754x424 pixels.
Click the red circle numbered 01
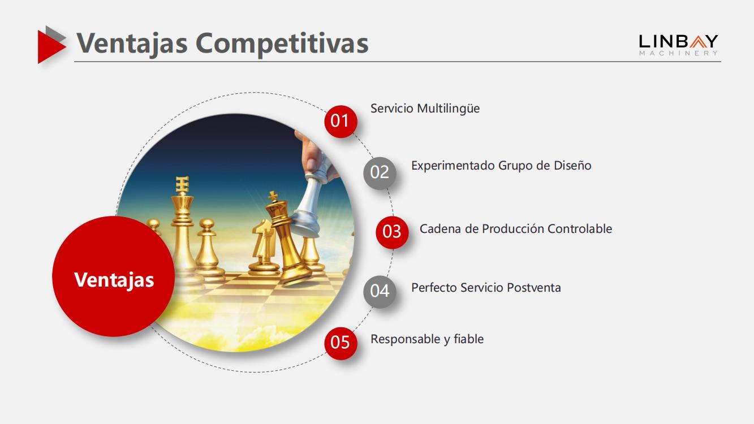pos(341,122)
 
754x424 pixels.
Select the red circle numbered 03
pos(392,232)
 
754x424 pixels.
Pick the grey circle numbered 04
pos(380,292)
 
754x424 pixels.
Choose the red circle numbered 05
pos(341,343)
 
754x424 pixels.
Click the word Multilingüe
pos(448,109)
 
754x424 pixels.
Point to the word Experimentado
pos(453,166)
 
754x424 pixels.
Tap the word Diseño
pos(572,165)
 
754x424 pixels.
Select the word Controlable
pos(580,229)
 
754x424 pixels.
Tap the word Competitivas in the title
pos(282,44)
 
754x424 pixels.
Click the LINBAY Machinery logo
pos(679,45)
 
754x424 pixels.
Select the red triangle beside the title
pos(51,47)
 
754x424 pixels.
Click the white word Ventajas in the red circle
pos(114,280)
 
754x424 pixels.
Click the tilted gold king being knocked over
pos(286,239)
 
